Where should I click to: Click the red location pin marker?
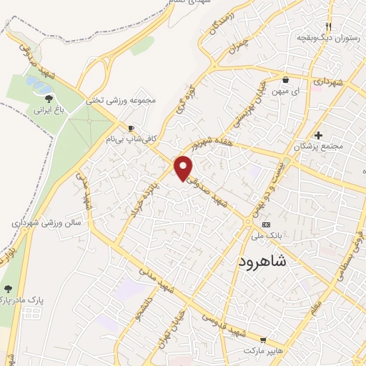pyautogui.click(x=184, y=167)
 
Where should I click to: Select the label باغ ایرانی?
pyautogui.click(x=48, y=111)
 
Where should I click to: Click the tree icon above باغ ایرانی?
pyautogui.click(x=48, y=98)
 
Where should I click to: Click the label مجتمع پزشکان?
pyautogui.click(x=319, y=146)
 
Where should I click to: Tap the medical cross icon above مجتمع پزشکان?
pyautogui.click(x=319, y=134)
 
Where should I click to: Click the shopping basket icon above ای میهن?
pyautogui.click(x=285, y=80)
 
